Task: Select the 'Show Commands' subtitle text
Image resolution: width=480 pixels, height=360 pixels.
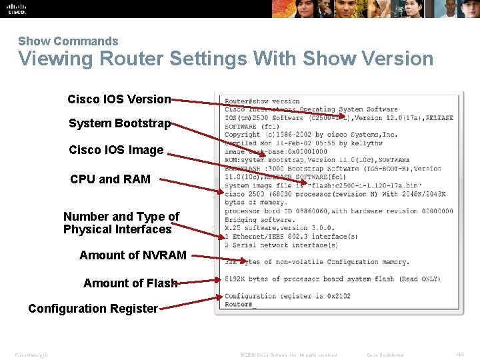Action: (68, 41)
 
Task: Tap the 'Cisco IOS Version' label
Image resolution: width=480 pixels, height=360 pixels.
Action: (119, 99)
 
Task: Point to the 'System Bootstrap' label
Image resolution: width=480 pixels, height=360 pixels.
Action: (119, 123)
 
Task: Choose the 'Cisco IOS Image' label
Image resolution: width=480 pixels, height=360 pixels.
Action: (116, 150)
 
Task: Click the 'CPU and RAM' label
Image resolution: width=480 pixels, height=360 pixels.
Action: (110, 179)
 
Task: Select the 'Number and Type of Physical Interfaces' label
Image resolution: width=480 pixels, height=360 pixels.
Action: (121, 223)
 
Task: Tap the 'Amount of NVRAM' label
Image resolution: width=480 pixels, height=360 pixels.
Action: (133, 255)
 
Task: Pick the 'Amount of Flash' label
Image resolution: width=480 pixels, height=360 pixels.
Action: (130, 283)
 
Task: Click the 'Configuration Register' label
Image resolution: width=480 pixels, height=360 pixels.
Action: (93, 309)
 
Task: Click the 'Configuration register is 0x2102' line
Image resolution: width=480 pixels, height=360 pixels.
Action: (287, 296)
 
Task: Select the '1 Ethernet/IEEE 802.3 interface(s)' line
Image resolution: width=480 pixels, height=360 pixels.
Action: (291, 236)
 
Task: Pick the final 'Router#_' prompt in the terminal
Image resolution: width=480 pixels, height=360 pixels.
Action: (240, 305)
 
